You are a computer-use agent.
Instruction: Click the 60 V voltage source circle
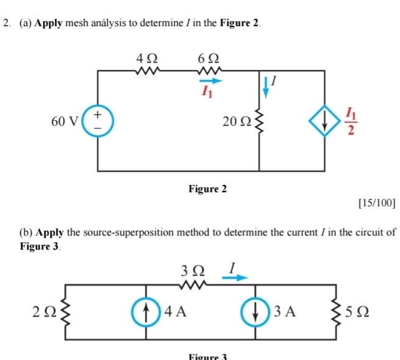98,121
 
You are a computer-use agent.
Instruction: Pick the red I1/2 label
349,121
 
